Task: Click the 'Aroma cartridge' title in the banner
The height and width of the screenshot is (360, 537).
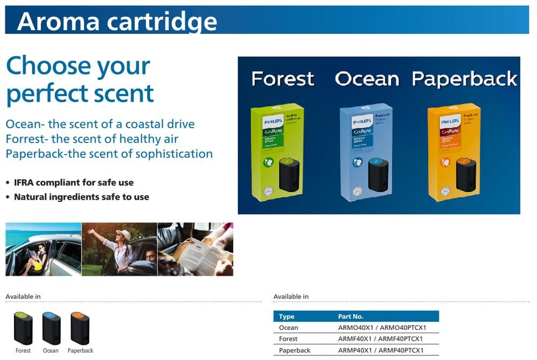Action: pyautogui.click(x=117, y=20)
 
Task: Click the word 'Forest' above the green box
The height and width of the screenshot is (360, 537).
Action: pyautogui.click(x=282, y=79)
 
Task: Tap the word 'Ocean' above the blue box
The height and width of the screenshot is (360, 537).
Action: pyautogui.click(x=367, y=79)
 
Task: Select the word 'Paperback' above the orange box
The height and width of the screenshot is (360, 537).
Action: pyautogui.click(x=465, y=79)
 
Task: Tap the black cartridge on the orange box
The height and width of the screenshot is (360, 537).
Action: pyautogui.click(x=467, y=174)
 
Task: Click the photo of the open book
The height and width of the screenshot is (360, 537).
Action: pyautogui.click(x=195, y=249)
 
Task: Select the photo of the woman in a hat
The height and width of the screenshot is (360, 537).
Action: pyautogui.click(x=119, y=249)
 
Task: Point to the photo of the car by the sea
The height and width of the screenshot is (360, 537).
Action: pyautogui.click(x=43, y=249)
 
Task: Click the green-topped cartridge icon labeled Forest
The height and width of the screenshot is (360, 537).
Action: pyautogui.click(x=23, y=328)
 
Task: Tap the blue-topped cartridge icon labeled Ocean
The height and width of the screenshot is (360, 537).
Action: pyautogui.click(x=51, y=328)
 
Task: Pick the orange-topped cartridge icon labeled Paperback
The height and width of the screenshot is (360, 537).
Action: pyautogui.click(x=80, y=328)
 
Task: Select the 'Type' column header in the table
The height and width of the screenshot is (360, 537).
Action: pyautogui.click(x=287, y=317)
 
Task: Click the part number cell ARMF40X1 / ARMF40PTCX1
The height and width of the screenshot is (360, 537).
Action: pyautogui.click(x=380, y=339)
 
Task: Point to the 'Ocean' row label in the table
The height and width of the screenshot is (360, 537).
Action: pyautogui.click(x=288, y=328)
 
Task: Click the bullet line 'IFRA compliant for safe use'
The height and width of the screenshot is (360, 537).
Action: pyautogui.click(x=74, y=182)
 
